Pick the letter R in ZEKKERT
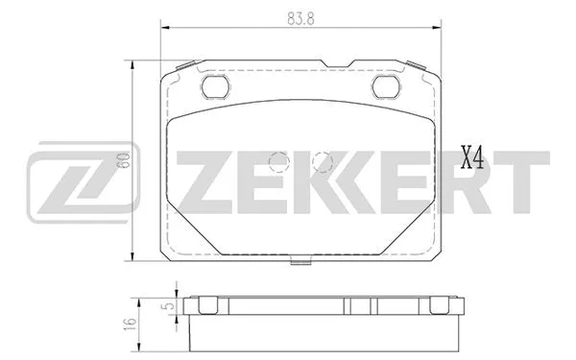(x=464, y=180)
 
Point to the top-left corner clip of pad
(x=180, y=66)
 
